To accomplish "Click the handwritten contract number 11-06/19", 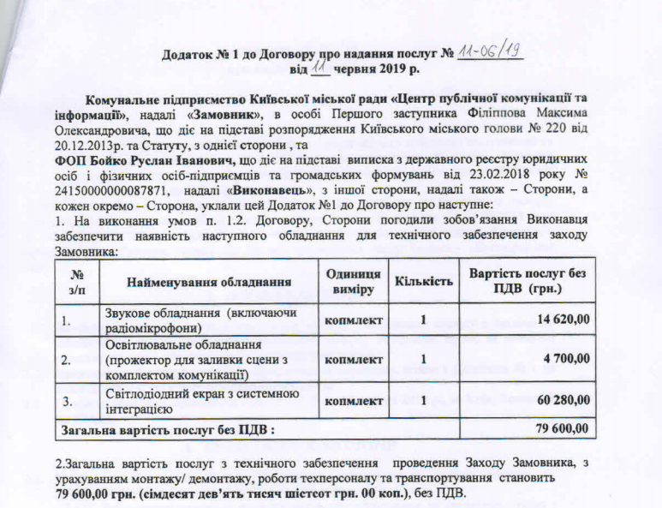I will [x=490, y=52].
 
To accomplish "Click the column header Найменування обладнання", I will [x=208, y=282].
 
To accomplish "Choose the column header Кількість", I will [x=424, y=282].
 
